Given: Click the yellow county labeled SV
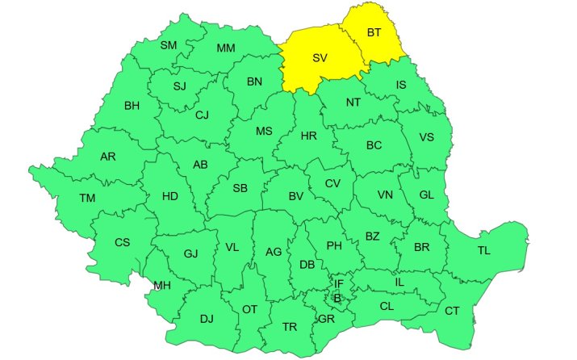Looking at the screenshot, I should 320,58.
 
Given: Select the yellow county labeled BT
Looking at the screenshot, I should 374,33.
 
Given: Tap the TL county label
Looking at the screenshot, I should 483,251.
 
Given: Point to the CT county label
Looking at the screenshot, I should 453,311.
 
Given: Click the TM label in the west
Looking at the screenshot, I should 87,198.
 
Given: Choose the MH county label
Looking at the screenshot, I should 162,285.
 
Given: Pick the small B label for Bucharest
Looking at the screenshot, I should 337,298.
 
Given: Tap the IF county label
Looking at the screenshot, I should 339,283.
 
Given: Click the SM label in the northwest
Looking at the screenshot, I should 169,45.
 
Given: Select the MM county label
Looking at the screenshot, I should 226,48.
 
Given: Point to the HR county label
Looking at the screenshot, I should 308,136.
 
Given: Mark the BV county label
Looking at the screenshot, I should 295,195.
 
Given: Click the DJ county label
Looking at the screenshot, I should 207,318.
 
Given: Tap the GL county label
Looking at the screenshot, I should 427,195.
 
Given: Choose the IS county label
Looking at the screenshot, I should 401,85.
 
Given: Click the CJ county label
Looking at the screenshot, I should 202,115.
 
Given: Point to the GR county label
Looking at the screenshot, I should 327,319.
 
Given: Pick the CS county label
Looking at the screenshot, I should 122,242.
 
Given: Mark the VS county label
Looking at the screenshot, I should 427,137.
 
